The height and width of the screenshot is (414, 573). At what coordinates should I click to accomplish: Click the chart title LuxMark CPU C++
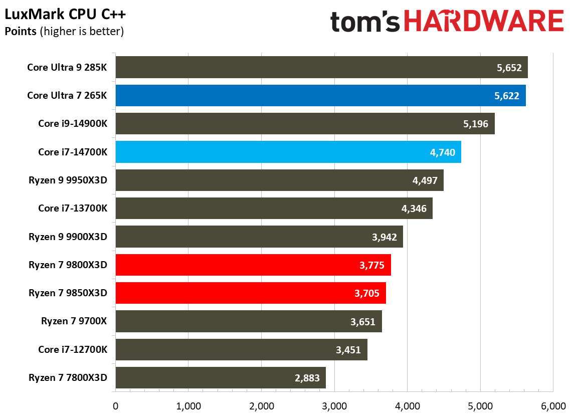[x=65, y=15]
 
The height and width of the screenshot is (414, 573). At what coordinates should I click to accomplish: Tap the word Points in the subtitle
[x=20, y=31]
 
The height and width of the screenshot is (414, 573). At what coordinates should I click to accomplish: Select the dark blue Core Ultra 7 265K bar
[x=320, y=95]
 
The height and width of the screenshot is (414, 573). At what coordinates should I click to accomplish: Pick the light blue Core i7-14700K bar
[x=288, y=152]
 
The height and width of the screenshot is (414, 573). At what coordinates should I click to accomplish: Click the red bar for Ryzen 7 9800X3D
[x=253, y=265]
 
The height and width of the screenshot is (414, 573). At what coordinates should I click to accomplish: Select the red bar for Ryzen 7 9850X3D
[x=251, y=293]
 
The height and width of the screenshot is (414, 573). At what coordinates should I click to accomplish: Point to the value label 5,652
[x=509, y=68]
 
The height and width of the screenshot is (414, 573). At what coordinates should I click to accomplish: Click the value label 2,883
[x=307, y=378]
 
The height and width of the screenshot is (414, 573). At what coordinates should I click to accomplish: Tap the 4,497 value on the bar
[x=425, y=180]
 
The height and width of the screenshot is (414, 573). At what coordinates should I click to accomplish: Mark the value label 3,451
[x=348, y=350]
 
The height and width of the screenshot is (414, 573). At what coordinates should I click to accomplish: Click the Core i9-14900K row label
[x=73, y=123]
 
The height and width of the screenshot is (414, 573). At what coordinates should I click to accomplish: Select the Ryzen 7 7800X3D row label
[x=68, y=377]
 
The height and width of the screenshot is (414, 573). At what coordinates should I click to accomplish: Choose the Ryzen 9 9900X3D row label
[x=68, y=237]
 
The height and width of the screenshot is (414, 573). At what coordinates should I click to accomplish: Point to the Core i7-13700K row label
[x=73, y=208]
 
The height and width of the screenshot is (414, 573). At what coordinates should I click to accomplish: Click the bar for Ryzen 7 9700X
[x=249, y=321]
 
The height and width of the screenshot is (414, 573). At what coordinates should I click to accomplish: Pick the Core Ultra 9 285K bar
[x=321, y=67]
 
